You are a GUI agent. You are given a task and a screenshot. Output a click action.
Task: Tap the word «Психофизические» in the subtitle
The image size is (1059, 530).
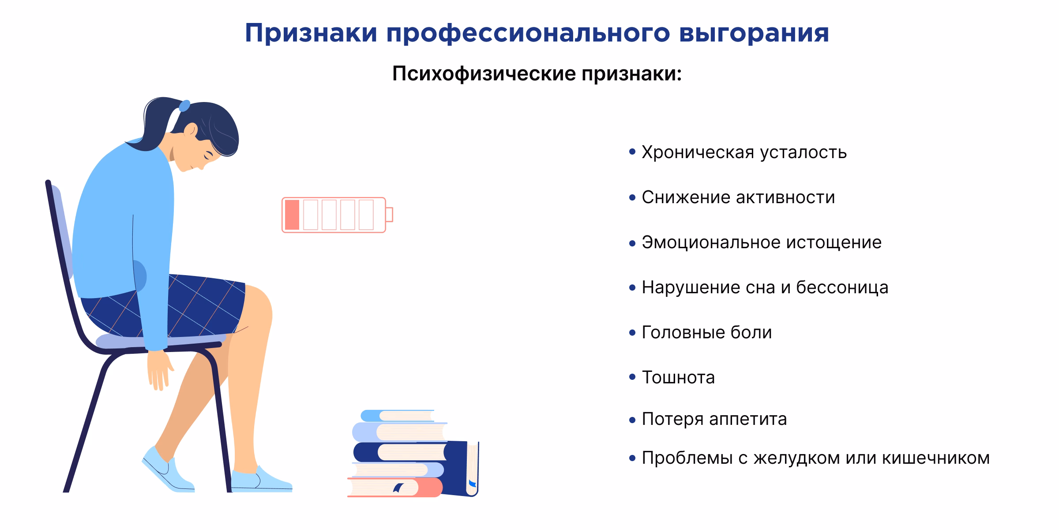[484, 74]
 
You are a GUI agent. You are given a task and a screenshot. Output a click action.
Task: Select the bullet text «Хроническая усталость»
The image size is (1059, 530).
[744, 152]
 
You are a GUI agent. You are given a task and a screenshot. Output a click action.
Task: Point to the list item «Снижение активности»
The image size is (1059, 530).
[738, 197]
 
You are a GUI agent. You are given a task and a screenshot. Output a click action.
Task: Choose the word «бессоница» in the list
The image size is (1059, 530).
[842, 288]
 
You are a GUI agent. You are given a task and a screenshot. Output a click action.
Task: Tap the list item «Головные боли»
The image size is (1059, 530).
[706, 333]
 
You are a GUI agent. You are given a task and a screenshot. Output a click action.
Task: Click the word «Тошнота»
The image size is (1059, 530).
[678, 378]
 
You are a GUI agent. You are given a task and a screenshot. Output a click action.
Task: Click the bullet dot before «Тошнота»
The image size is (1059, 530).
[632, 377]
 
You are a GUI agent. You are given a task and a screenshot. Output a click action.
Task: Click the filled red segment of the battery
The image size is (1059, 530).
[292, 215]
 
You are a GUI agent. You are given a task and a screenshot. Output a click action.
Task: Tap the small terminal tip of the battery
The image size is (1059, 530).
[389, 215]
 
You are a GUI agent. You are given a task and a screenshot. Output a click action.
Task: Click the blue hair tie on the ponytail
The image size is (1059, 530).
[184, 106]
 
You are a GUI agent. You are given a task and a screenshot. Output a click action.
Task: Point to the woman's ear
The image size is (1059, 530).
[191, 129]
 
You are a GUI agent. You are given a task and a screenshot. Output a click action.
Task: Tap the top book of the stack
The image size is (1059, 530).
[397, 416]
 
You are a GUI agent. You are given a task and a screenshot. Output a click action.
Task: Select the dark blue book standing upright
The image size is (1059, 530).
[461, 468]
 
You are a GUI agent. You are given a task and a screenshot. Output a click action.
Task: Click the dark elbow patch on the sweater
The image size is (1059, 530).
[139, 276]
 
